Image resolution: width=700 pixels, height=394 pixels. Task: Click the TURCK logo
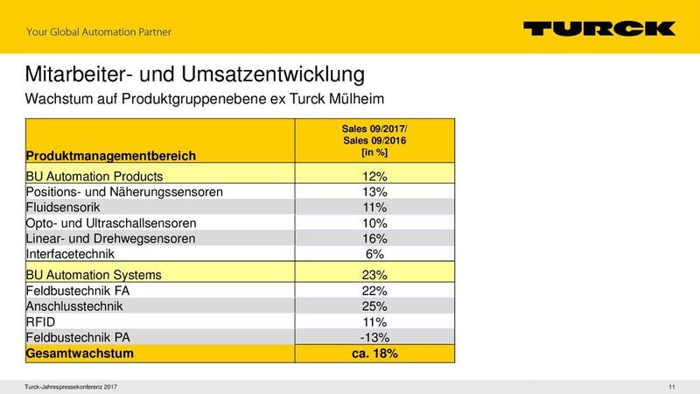(599, 29)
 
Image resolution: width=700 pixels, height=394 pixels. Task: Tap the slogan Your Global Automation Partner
(99, 33)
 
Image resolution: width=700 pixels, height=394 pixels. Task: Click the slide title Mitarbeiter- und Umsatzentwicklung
(195, 73)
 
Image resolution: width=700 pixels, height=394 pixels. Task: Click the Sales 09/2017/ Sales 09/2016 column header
(374, 140)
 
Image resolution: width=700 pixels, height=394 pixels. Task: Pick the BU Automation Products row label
(94, 176)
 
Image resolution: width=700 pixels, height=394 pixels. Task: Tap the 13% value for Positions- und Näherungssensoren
(374, 192)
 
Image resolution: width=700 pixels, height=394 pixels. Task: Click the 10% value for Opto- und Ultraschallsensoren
(374, 223)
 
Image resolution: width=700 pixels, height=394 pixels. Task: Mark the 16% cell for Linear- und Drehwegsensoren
(374, 239)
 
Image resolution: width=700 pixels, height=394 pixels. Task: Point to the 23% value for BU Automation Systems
(374, 274)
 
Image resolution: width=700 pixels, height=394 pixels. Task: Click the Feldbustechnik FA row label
(80, 290)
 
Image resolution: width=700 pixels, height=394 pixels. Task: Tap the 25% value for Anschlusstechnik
(374, 306)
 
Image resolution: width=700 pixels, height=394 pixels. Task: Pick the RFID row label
(42, 322)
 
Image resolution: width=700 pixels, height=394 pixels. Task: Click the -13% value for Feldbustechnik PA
(374, 338)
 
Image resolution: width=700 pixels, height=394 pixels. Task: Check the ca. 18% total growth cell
(374, 354)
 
